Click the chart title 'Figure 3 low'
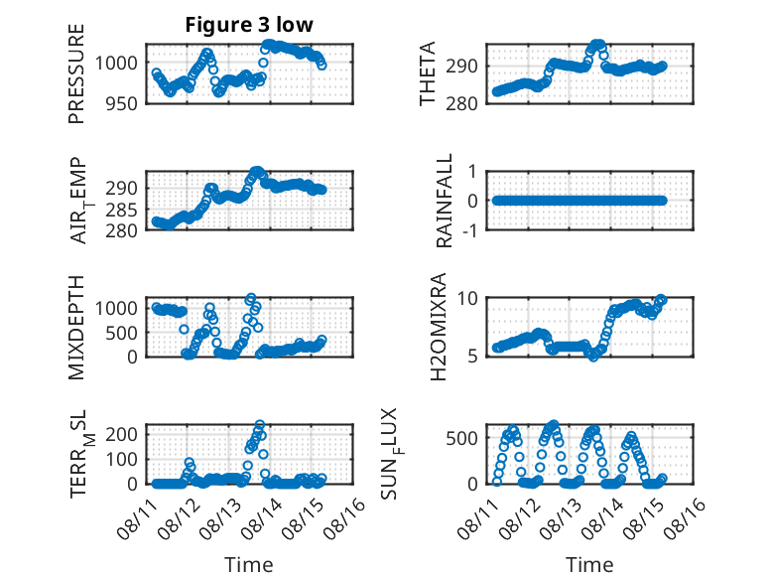[249, 25]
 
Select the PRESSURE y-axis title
[76, 73]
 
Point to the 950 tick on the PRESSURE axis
[122, 103]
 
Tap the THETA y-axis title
[428, 73]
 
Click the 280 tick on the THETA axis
[461, 103]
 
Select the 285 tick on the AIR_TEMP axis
[122, 210]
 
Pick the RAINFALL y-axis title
[445, 201]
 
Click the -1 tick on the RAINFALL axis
[469, 230]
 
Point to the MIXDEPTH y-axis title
[76, 328]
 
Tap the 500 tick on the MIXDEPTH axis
[122, 333]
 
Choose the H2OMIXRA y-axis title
[439, 327]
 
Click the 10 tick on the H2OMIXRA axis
[467, 298]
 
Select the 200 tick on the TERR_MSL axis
[122, 434]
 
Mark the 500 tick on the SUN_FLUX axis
[461, 438]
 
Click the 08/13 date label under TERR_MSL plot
[220, 518]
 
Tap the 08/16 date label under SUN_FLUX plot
[685, 518]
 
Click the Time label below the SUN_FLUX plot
[589, 565]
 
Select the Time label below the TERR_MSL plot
[249, 565]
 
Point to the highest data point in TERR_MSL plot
[260, 424]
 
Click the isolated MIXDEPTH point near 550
[184, 329]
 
